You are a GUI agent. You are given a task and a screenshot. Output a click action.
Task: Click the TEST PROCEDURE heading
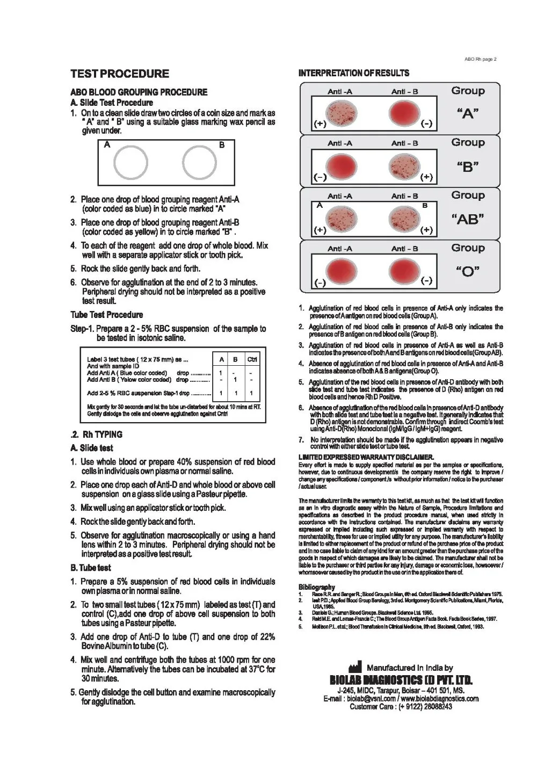point(120,74)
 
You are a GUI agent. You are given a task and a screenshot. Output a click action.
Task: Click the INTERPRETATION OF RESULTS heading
point(354,73)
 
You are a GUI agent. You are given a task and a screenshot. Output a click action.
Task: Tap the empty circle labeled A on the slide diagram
point(130,162)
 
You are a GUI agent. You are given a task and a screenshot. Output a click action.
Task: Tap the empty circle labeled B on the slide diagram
point(199,162)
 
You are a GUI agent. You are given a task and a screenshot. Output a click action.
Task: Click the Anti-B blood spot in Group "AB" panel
point(404,217)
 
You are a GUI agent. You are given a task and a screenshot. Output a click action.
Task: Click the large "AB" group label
point(467,219)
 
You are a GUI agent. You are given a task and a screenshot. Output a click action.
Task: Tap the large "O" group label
point(467,271)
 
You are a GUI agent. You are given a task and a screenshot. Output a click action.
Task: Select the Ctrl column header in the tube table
point(251,359)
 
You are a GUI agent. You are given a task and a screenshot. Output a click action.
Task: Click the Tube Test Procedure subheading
point(107,315)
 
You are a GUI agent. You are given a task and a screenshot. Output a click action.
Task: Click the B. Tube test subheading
point(91,568)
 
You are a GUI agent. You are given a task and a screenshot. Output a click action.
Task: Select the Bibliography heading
point(317,587)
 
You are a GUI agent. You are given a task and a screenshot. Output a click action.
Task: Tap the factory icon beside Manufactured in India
point(355,668)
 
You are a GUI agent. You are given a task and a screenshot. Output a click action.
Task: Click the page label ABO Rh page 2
point(481,59)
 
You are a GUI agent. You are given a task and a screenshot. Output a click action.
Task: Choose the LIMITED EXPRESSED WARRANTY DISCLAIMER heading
point(366,457)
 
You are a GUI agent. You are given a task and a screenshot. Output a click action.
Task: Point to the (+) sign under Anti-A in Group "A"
point(320,124)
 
